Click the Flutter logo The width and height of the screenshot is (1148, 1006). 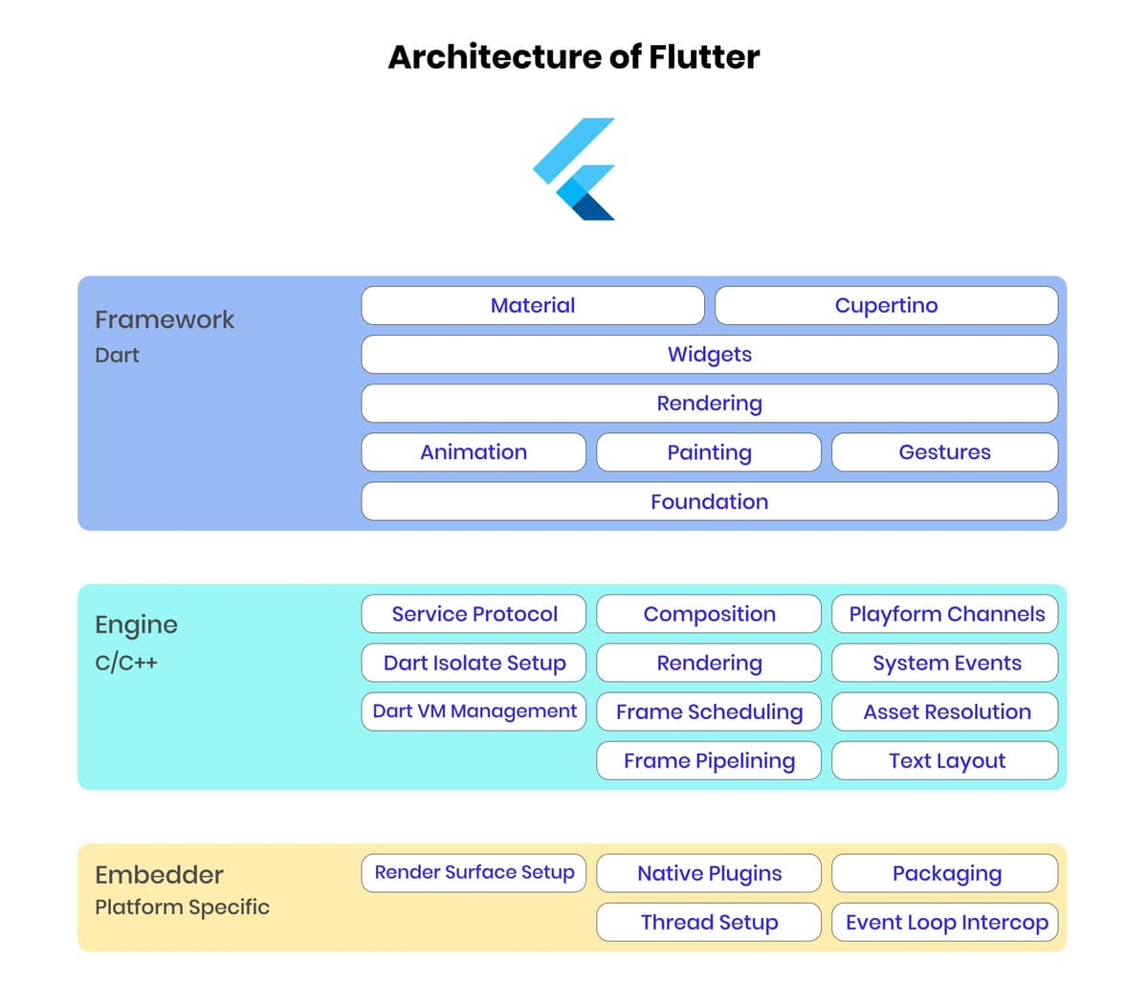[573, 169]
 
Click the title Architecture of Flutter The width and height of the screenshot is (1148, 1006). [573, 57]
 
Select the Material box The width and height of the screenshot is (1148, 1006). [533, 305]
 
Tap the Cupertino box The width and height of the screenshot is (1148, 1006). [886, 305]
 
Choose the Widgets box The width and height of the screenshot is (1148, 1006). [710, 354]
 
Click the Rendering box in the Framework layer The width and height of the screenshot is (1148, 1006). [710, 404]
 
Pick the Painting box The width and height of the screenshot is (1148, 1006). [709, 452]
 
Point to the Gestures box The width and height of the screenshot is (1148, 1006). [944, 452]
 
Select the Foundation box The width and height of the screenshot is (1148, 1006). [710, 501]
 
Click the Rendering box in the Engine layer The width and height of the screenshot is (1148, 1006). [709, 663]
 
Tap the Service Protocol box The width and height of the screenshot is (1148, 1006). [474, 614]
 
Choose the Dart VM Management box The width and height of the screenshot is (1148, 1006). [474, 711]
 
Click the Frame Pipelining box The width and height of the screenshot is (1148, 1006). [709, 761]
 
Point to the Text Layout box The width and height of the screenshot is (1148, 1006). [944, 761]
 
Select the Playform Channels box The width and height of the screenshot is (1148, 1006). [944, 614]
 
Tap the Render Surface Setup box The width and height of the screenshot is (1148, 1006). [474, 873]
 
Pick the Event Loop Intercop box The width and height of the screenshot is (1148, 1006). [944, 922]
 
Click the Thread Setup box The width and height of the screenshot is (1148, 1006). [709, 922]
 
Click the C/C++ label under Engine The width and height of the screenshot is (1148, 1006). [125, 663]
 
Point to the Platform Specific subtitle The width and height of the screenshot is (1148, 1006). [182, 908]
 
